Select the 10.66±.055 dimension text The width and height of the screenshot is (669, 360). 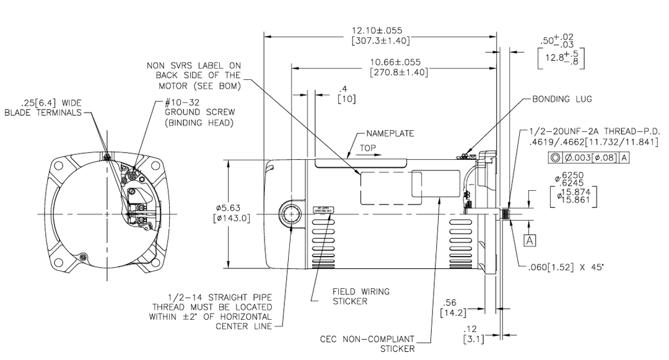396,66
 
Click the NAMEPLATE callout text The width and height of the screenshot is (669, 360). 390,133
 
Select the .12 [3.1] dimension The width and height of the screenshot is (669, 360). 473,335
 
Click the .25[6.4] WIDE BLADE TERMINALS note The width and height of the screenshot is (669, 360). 42,107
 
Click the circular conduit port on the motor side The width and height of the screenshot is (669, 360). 291,214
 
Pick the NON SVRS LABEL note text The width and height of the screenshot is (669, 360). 194,75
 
